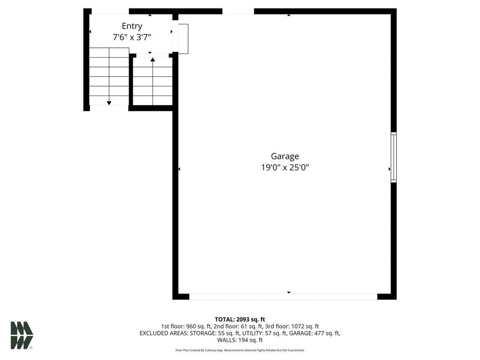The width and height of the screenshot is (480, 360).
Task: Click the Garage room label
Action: click(x=285, y=156)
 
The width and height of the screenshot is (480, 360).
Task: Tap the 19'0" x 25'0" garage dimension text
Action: click(x=285, y=167)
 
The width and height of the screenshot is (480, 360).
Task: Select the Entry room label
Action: click(x=132, y=26)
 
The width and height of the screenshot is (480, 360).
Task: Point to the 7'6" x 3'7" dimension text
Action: click(x=132, y=37)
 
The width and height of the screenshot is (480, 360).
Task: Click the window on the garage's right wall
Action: click(x=394, y=157)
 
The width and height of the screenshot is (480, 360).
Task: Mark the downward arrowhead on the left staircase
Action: click(x=109, y=102)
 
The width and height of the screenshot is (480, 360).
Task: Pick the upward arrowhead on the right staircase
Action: click(x=153, y=59)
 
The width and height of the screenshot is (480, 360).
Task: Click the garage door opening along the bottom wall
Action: click(x=283, y=295)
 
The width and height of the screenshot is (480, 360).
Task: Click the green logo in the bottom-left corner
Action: click(x=21, y=335)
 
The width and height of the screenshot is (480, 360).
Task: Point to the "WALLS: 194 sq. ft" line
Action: click(x=240, y=340)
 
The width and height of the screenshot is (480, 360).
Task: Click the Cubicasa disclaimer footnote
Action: click(x=240, y=350)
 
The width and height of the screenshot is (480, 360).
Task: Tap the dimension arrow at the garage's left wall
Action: click(x=179, y=169)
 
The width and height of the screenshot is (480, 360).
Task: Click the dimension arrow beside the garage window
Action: click(x=389, y=169)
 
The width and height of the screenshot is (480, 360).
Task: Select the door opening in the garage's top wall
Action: click(x=238, y=11)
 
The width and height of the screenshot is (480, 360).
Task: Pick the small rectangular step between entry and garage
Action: click(x=183, y=38)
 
